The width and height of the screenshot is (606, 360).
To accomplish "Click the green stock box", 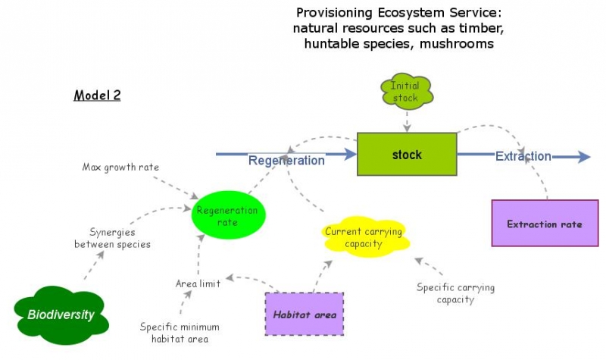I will [x=407, y=155].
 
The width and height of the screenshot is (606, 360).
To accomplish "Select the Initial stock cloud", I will [x=407, y=92].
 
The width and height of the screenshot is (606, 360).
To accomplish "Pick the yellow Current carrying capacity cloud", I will [x=364, y=237].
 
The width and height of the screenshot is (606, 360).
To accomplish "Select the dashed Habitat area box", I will [x=305, y=314].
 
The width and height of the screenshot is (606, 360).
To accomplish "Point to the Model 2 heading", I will [x=97, y=95].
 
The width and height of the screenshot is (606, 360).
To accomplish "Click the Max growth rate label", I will [x=120, y=166].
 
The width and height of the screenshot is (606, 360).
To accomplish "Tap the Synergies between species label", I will [x=112, y=239].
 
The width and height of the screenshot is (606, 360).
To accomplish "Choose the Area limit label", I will [x=198, y=283].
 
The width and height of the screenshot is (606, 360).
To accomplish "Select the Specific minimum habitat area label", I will [x=180, y=333].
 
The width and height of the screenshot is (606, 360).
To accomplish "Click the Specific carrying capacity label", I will [x=455, y=293].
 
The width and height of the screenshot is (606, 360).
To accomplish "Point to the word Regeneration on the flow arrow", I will [x=286, y=160].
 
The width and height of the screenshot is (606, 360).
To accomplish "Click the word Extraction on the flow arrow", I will [x=523, y=156].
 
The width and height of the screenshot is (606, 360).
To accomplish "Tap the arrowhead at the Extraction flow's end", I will [x=583, y=157].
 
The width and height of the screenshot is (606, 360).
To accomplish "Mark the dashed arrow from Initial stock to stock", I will [x=408, y=119].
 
